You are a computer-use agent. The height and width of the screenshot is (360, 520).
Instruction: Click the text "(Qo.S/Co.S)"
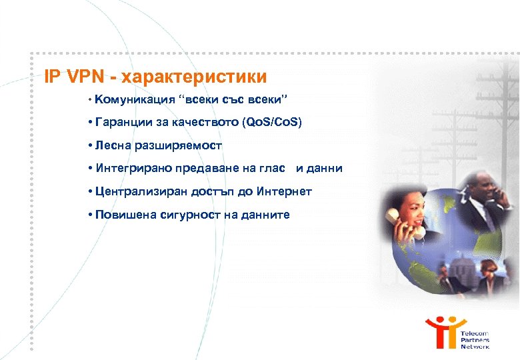pyautogui.click(x=273, y=123)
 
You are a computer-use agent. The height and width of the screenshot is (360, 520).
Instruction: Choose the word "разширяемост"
pyautogui.click(x=175, y=145)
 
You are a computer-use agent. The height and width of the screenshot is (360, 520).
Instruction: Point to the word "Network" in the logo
pyautogui.click(x=475, y=347)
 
